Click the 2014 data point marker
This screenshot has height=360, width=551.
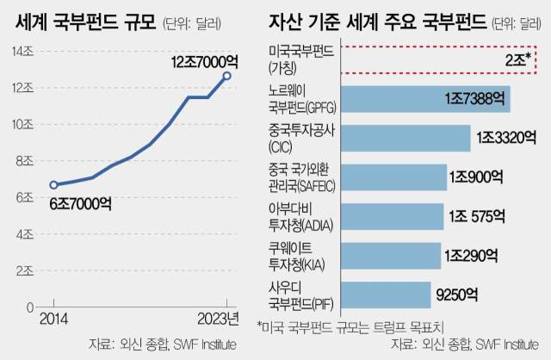click(x=53, y=184)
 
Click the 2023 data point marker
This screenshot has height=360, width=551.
click(x=226, y=76)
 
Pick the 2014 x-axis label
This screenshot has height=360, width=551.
click(x=53, y=320)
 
